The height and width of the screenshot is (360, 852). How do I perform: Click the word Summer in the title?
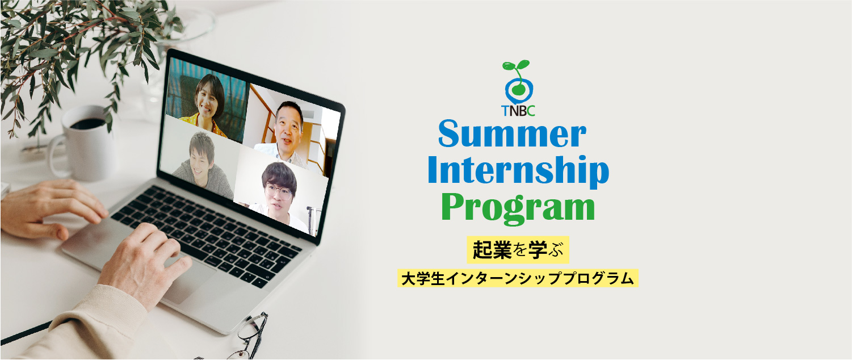[x=512, y=134]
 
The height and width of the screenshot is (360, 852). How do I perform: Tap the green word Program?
[x=518, y=208]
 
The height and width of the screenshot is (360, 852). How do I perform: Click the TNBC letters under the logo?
[x=518, y=110]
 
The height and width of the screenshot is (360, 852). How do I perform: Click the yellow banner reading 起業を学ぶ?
[x=518, y=250]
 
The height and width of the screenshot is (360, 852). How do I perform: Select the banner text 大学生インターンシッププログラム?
[x=518, y=278]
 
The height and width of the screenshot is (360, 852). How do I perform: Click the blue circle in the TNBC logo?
[x=519, y=91]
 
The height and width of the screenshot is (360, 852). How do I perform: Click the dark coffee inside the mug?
[x=87, y=124]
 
